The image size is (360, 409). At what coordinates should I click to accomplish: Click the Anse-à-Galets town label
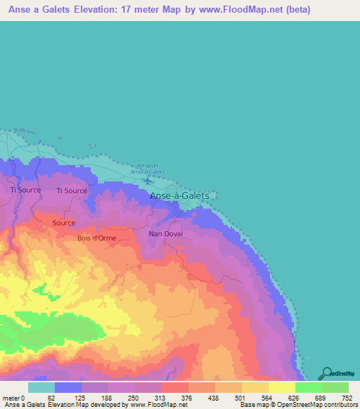(179, 197)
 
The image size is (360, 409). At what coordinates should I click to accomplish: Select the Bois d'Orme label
(96, 238)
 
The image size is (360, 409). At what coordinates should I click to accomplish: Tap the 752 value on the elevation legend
(347, 398)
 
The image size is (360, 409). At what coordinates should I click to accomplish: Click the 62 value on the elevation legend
(51, 398)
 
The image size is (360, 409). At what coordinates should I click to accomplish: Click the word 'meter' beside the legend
(11, 398)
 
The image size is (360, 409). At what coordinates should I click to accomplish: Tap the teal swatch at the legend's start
(41, 387)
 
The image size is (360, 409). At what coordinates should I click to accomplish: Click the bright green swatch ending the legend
(335, 387)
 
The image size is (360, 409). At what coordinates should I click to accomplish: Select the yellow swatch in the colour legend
(282, 387)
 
